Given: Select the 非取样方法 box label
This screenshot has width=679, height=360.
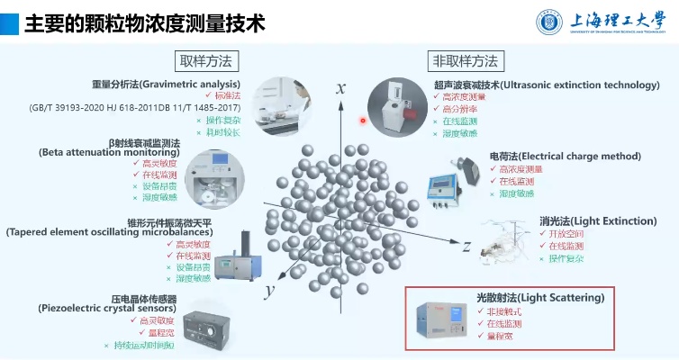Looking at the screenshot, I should coord(466,60).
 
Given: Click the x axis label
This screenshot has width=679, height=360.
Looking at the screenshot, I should coord(341,87).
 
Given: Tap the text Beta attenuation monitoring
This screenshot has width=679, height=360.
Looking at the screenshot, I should coord(110,153).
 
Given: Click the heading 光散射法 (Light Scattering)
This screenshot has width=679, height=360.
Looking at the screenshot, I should coord(539,297).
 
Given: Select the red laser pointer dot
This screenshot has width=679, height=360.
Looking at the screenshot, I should coord(364,120).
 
